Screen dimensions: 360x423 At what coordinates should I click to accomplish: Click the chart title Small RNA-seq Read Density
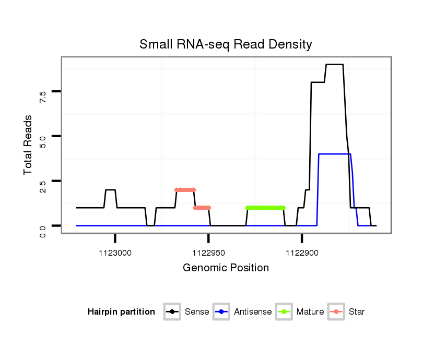click(x=226, y=44)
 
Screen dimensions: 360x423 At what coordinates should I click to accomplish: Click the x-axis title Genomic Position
click(x=226, y=268)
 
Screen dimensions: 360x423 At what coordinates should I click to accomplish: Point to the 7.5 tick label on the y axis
click(x=43, y=95)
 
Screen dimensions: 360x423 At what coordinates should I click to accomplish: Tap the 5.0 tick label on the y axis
click(x=43, y=140)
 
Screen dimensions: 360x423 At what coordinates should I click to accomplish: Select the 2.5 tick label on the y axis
click(x=43, y=185)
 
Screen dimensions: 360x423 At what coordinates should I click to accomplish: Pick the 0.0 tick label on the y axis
click(x=43, y=230)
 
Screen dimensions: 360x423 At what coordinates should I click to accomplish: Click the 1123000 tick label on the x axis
click(x=115, y=253)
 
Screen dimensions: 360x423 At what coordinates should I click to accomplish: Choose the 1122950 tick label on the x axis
click(x=208, y=253)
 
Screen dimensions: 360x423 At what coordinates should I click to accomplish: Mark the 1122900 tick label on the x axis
click(x=302, y=253)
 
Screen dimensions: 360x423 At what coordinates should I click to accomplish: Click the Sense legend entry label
click(x=197, y=312)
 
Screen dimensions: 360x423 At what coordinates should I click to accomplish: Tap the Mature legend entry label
click(x=310, y=312)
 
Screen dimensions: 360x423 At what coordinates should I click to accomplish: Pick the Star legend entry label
click(x=357, y=312)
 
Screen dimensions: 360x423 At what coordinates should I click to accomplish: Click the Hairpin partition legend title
click(x=121, y=312)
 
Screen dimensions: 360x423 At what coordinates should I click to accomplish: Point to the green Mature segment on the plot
click(x=265, y=208)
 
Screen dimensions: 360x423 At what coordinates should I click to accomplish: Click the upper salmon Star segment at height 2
click(x=185, y=190)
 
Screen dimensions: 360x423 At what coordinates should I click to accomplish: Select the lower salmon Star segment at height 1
click(x=202, y=208)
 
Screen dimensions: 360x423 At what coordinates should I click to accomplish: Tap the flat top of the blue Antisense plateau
click(x=334, y=154)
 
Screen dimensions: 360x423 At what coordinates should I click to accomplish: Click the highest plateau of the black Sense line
click(x=334, y=65)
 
